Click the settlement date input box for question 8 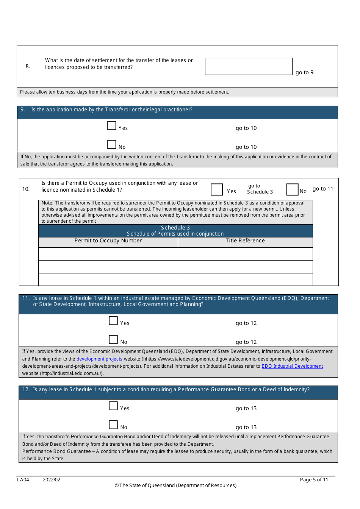pos(249,67)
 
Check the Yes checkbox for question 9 pos(112,126)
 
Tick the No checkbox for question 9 pos(112,145)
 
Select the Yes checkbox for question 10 pos(217,189)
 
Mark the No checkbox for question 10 pos(292,189)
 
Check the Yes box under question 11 pos(113,321)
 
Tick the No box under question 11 pos(113,340)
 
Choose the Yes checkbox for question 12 pos(113,406)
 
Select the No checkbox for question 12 pos(113,425)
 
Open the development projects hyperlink pos(99,359)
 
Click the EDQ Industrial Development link pos(292,366)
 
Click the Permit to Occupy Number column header pos(108,241)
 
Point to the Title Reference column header pos(245,241)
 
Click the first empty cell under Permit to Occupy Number pos(108,254)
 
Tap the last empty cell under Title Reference pos(245,279)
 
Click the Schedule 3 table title pos(175,228)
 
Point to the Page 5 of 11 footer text pos(314,480)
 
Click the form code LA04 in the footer pos(23,480)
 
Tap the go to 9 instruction pos(304,73)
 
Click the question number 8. pos(28,67)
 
